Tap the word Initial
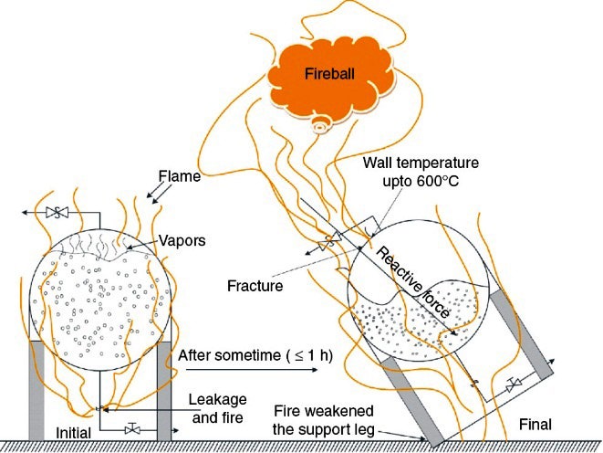74,431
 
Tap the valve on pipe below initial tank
134,428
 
